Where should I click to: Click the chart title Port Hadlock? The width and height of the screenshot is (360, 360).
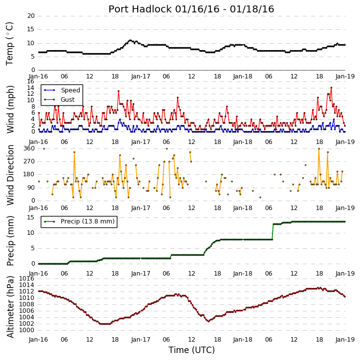click(140, 9)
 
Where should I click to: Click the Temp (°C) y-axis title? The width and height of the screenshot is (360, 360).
click(9, 44)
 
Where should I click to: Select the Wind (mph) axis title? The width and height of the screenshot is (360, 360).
click(10, 109)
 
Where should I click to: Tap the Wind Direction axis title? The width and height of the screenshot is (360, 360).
click(10, 175)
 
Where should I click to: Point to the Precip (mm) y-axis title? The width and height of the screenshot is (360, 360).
click(10, 241)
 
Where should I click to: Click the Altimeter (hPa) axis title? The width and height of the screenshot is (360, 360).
click(10, 307)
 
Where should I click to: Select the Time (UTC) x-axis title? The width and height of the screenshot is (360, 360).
click(191, 350)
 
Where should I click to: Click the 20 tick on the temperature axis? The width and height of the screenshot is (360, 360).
click(31, 16)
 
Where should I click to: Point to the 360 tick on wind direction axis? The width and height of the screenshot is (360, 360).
click(29, 148)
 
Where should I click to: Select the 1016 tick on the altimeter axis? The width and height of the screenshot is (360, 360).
click(26, 279)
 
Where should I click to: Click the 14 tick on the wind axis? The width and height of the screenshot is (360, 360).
click(31, 88)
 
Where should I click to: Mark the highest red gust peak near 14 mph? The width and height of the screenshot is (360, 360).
click(331, 87)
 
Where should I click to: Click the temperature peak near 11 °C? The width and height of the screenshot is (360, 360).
click(130, 40)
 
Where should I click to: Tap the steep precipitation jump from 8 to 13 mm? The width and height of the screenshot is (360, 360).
click(273, 232)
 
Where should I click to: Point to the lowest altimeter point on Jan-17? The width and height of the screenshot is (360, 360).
click(208, 321)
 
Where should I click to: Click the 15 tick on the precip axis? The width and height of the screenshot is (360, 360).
click(31, 217)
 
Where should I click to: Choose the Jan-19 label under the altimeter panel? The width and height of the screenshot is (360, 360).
click(345, 339)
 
